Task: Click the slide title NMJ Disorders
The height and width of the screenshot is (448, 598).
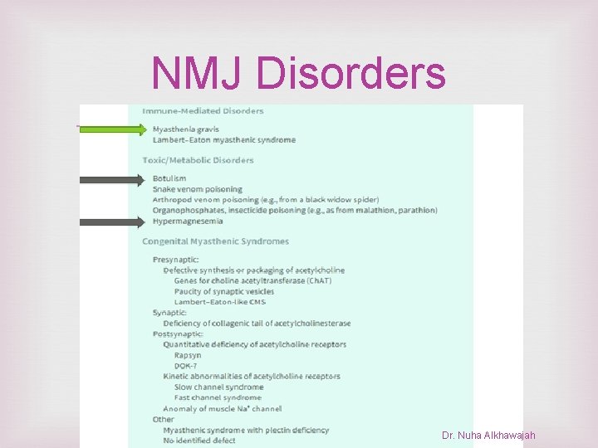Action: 298,74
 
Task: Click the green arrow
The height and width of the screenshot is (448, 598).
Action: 112,129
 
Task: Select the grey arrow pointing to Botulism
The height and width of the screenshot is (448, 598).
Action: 112,178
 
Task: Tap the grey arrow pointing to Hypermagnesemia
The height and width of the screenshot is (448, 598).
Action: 112,222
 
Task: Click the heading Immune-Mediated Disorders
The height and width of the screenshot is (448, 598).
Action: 203,110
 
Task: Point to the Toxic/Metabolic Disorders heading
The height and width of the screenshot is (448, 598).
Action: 198,160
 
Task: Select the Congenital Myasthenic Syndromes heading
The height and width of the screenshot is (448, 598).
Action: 215,241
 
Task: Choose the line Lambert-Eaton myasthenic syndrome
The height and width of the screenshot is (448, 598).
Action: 223,139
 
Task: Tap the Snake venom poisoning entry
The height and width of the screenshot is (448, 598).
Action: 197,189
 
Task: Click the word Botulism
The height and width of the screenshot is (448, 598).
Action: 169,178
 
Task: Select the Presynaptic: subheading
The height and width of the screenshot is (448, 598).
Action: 175,260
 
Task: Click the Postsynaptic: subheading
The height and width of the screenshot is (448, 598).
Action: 178,334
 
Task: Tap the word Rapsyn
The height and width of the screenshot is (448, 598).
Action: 187,355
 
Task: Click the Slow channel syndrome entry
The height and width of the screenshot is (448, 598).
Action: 218,387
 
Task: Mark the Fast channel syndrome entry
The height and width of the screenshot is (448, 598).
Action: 218,397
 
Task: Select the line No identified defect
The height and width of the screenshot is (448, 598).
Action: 199,440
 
